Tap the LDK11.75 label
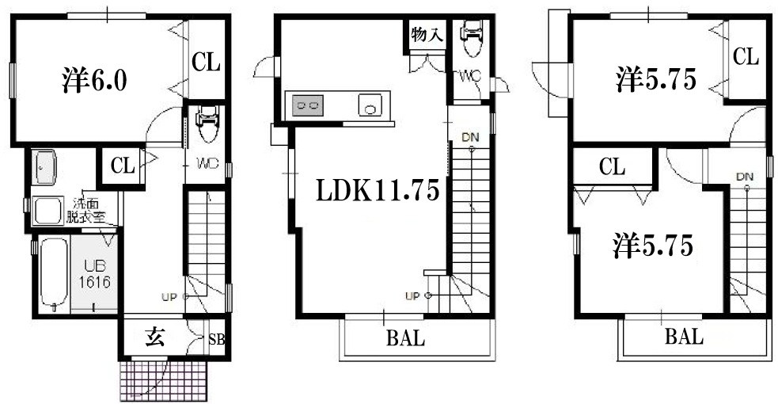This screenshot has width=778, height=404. pyautogui.click(x=378, y=190)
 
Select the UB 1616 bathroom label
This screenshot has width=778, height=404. pyautogui.click(x=94, y=273)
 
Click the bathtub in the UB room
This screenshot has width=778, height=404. pyautogui.click(x=54, y=274)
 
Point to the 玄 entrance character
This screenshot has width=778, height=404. pyautogui.click(x=154, y=338)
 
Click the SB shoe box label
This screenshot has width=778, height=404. pyautogui.click(x=216, y=340)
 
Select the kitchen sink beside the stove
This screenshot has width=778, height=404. pyautogui.click(x=370, y=105)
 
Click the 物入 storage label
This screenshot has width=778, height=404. pyautogui.click(x=427, y=35)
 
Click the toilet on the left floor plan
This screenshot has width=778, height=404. pyautogui.click(x=207, y=124)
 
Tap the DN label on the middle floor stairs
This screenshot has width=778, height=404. pyautogui.click(x=470, y=137)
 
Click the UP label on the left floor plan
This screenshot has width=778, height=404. pyautogui.click(x=169, y=297)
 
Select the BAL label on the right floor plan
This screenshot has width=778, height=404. pyautogui.click(x=685, y=337)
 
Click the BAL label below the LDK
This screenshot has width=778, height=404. pyautogui.click(x=405, y=338)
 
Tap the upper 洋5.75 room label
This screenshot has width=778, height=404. pyautogui.click(x=656, y=79)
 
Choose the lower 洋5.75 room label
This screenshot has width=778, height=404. pyautogui.click(x=652, y=246)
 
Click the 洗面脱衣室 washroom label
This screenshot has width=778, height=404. pyautogui.click(x=87, y=211)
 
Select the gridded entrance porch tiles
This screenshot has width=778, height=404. pyautogui.click(x=163, y=380)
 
